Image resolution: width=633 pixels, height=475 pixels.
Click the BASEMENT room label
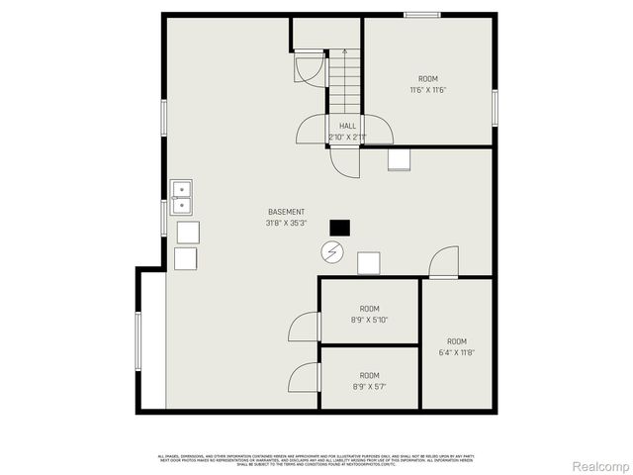pyautogui.click(x=286, y=212)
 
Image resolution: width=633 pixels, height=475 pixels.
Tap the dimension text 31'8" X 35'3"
pyautogui.click(x=286, y=223)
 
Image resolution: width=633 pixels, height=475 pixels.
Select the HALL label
pyautogui.click(x=348, y=126)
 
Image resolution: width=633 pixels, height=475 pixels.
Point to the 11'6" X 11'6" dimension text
pyautogui.click(x=428, y=90)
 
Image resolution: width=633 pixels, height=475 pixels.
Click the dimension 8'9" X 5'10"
pyautogui.click(x=369, y=320)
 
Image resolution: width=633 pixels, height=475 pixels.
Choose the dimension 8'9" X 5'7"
pyautogui.click(x=369, y=387)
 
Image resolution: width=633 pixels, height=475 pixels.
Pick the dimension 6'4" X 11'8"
pyautogui.click(x=456, y=353)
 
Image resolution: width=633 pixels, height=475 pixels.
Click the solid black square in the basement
pyautogui.click(x=339, y=228)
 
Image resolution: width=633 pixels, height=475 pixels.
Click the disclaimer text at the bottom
pyautogui.click(x=316, y=458)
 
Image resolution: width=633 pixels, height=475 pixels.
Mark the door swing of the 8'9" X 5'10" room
pyautogui.click(x=305, y=327)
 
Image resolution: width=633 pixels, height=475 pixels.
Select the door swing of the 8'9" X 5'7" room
pyautogui.click(x=305, y=378)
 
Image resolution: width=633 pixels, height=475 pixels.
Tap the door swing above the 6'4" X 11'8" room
pyautogui.click(x=444, y=261)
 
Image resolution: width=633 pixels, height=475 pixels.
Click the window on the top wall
pyautogui.click(x=421, y=14)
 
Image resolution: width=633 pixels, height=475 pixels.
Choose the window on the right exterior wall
pyautogui.click(x=495, y=104)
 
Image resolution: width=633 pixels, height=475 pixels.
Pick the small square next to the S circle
pyautogui.click(x=368, y=262)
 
